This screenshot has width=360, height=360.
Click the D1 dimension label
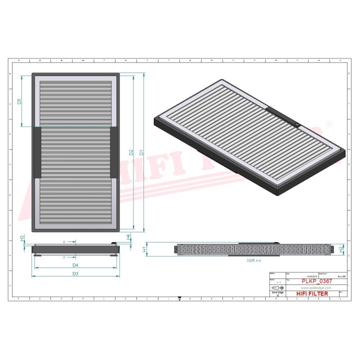[x=141, y=152]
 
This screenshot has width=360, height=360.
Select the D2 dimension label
[x=131, y=152]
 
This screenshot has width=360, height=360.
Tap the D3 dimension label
[x=75, y=273]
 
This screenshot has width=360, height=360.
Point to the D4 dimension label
[x=75, y=264]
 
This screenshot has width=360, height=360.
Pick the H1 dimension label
[x=144, y=248]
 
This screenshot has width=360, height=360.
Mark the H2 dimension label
[x=341, y=248]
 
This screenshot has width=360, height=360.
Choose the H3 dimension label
[x=22, y=238]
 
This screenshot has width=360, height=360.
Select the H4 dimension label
[x=128, y=236]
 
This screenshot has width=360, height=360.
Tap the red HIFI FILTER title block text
[x=315, y=293]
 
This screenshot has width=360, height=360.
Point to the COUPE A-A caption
[x=253, y=261]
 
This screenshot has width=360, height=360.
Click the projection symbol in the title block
[x=275, y=288]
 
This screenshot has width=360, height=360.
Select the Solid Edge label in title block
[x=275, y=293]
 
